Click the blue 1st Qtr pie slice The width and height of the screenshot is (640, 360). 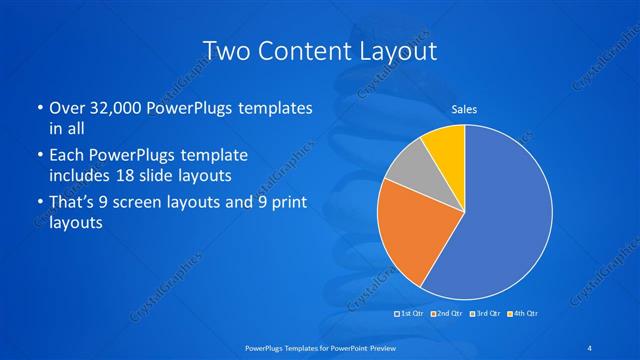[x=505, y=220]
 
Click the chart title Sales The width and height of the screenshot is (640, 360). [x=463, y=109]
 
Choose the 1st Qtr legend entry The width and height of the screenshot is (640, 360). [x=412, y=314]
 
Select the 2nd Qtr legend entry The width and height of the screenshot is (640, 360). [x=449, y=314]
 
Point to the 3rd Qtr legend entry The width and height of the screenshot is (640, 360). [x=486, y=314]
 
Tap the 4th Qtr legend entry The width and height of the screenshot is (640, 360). [x=523, y=314]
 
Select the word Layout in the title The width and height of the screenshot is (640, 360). [x=402, y=50]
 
